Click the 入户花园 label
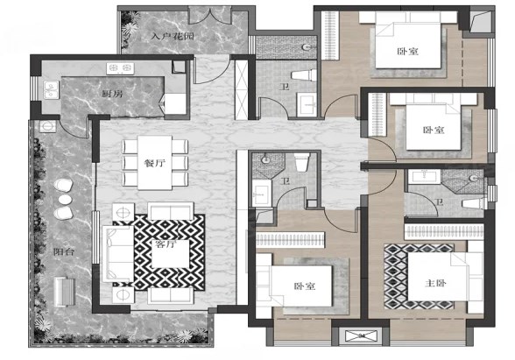click(x=173, y=35)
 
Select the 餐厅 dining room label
click(x=155, y=163)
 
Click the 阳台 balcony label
click(x=64, y=252)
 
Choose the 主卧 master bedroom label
click(x=435, y=282)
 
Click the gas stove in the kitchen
click(x=120, y=68)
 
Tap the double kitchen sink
click(x=51, y=90)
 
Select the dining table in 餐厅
click(x=155, y=163)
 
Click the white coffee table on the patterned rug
click(x=171, y=254)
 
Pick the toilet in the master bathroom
click(x=474, y=203)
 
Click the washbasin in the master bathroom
click(x=424, y=176)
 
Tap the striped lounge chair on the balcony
click(x=65, y=292)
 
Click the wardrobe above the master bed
click(x=444, y=232)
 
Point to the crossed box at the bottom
click(x=361, y=336)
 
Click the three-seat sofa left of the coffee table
click(x=118, y=253)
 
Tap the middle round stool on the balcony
click(x=65, y=200)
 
